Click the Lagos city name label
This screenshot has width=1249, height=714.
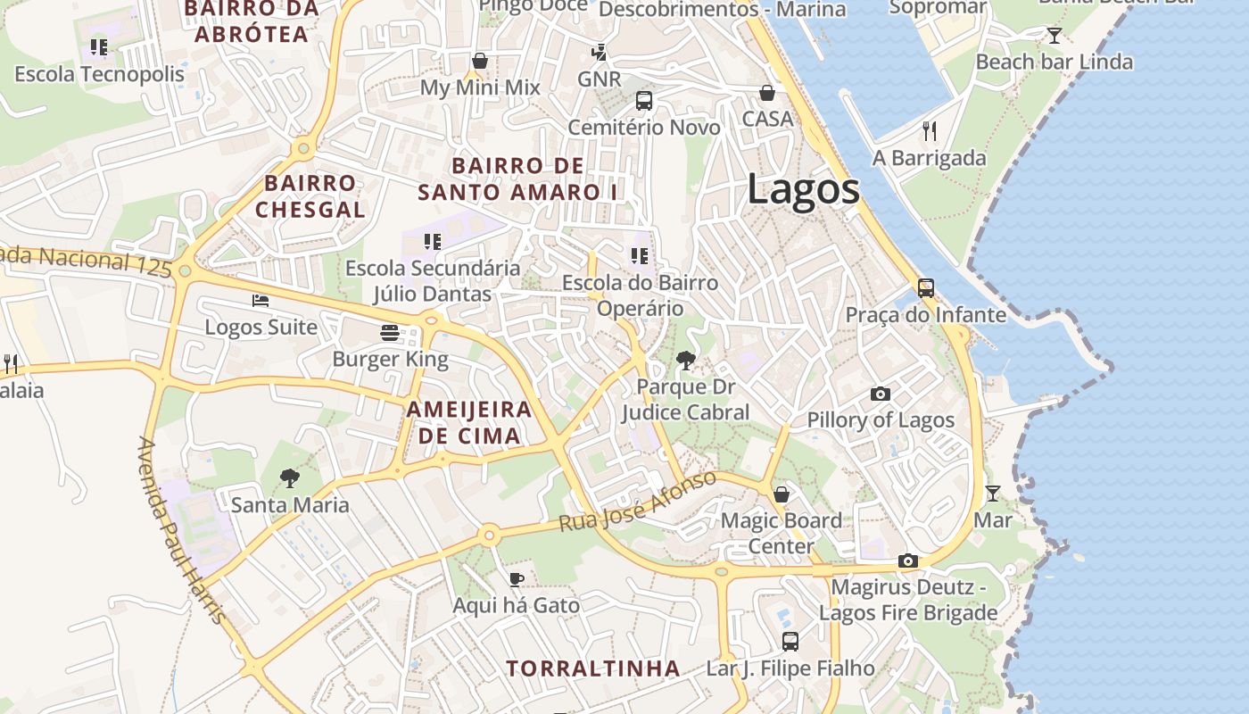(x=803, y=189)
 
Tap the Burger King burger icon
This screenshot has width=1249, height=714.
(x=390, y=333)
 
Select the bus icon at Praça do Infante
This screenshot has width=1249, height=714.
(x=926, y=288)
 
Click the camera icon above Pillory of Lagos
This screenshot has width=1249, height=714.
(x=881, y=394)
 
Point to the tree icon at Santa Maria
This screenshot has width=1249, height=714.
(x=289, y=478)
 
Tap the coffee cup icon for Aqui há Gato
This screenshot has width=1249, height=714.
(x=516, y=579)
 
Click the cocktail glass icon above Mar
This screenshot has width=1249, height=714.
(x=992, y=493)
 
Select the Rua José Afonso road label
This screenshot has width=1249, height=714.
(x=637, y=502)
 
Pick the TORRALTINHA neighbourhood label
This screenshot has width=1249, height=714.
(x=593, y=668)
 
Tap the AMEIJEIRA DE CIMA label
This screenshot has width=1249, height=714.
(x=469, y=423)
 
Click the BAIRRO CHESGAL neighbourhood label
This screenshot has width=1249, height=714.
(x=310, y=196)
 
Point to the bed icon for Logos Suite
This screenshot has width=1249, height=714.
(x=261, y=301)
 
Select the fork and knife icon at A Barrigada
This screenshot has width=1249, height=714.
(x=930, y=131)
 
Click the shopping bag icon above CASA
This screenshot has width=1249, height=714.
(x=767, y=93)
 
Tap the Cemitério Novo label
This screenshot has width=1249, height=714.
(x=644, y=128)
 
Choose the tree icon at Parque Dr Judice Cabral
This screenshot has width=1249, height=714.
(x=686, y=361)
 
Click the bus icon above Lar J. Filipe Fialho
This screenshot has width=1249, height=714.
(x=790, y=641)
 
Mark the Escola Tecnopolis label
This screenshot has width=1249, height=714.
(x=99, y=74)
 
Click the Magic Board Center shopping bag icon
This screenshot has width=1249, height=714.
(x=782, y=494)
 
